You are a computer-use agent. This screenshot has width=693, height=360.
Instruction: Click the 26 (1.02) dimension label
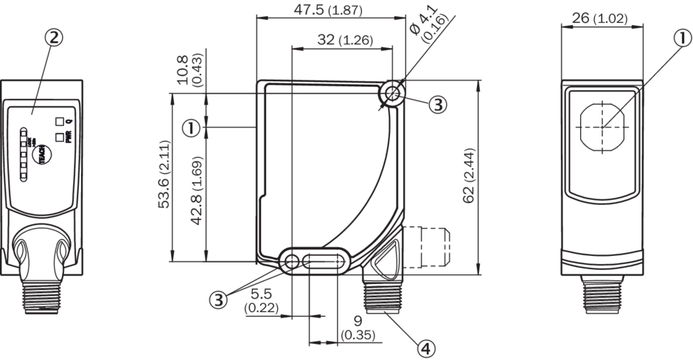[599, 18]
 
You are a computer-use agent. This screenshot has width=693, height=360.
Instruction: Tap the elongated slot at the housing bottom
[324, 261]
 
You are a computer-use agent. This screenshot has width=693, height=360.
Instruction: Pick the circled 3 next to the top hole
[438, 104]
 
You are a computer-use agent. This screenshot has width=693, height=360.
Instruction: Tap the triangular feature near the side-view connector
[385, 259]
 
